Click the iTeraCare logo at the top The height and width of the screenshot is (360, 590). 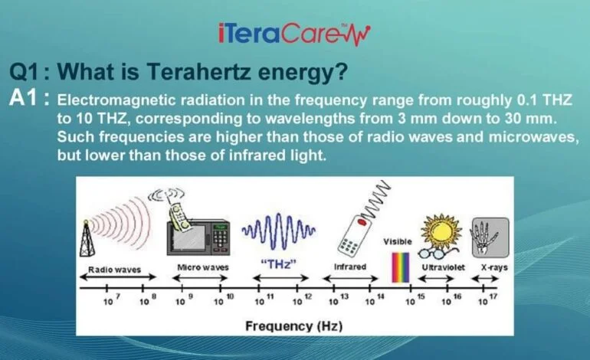click(294, 34)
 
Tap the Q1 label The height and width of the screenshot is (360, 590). click(29, 73)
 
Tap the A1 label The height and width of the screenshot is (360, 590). click(29, 99)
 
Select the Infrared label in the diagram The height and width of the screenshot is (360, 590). click(350, 267)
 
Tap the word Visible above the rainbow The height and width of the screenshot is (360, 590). click(398, 241)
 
